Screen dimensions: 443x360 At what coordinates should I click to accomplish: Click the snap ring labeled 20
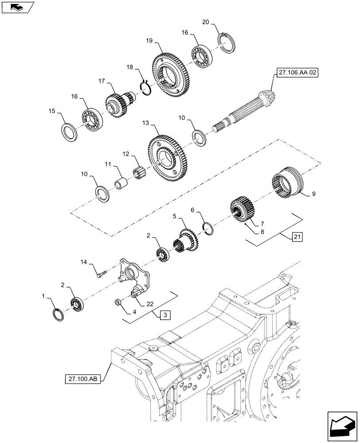tap(227, 43)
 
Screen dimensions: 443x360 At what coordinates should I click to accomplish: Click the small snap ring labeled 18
tap(147, 86)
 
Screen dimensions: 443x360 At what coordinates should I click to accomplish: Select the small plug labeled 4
tap(118, 302)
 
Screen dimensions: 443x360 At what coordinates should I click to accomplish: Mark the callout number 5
tap(175, 217)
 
